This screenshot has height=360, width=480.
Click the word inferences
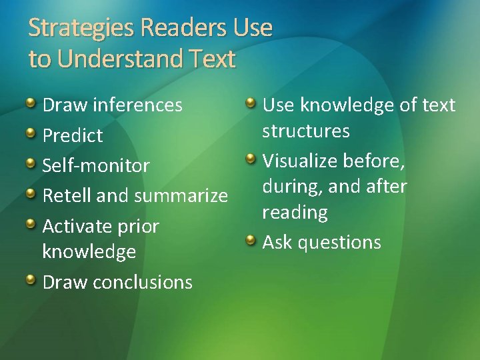point(138,105)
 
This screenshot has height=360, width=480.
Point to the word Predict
point(73,136)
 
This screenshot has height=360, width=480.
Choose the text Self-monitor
point(96,165)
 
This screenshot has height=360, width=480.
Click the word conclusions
point(143,282)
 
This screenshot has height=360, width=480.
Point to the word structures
point(306,131)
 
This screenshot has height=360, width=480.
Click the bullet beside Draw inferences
point(31,103)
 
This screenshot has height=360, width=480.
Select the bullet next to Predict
point(31,134)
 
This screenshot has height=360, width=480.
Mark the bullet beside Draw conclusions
point(31,280)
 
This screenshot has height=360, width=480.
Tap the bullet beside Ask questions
point(251,240)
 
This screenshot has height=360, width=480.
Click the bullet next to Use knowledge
point(251,103)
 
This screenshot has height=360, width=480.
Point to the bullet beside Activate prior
point(31,225)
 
